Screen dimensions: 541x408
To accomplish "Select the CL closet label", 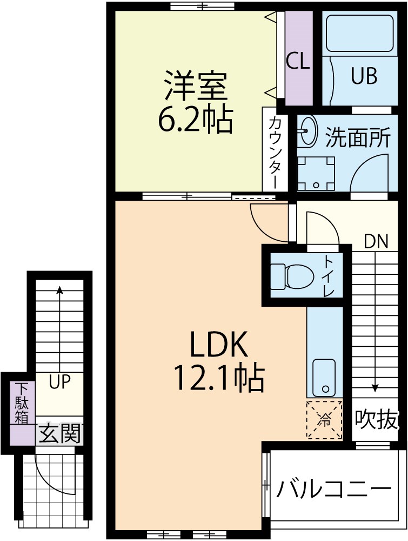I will click(298, 61).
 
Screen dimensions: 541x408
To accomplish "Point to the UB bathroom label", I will click(364, 76).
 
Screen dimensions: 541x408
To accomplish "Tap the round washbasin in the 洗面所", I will click(308, 130).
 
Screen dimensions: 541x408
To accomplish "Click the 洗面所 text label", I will click(358, 137).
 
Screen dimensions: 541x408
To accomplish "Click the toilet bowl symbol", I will click(292, 276).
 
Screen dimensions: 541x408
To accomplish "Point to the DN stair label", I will click(376, 241).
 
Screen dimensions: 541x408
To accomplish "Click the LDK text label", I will click(218, 344).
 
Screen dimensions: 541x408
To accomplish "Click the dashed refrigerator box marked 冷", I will click(324, 420).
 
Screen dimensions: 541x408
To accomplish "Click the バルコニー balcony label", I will click(333, 490).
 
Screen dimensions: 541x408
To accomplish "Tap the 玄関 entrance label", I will click(59, 433).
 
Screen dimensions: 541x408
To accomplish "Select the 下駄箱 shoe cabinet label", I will click(22, 403).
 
